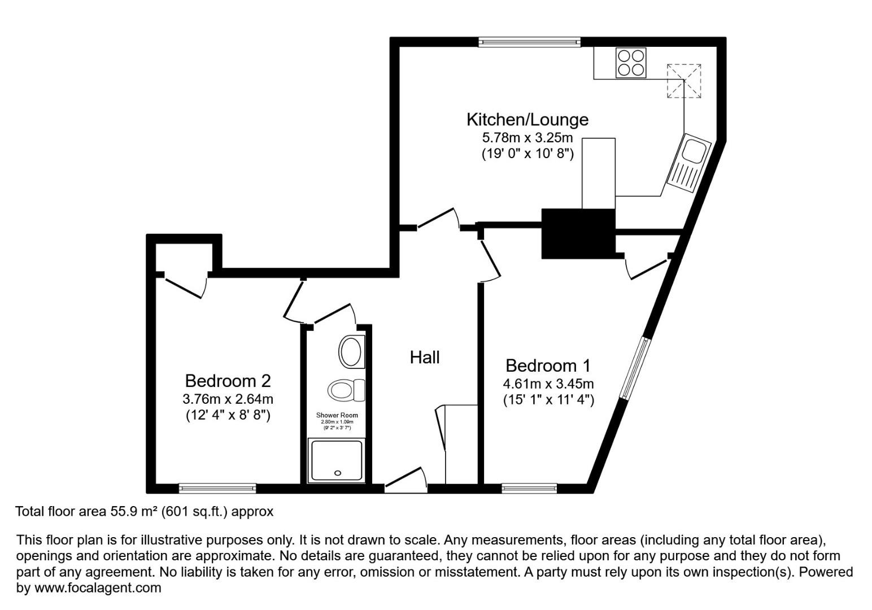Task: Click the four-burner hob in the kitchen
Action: [x=630, y=63]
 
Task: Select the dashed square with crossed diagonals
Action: [x=684, y=81]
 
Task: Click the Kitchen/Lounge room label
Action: [x=527, y=120]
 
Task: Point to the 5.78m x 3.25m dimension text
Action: [x=527, y=137]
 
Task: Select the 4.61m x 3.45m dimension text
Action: [x=548, y=384]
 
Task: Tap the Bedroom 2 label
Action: [x=228, y=380]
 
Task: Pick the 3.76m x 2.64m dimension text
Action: [x=228, y=399]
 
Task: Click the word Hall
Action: [x=424, y=357]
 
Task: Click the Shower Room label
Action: [x=337, y=415]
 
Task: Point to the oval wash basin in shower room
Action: [x=351, y=352]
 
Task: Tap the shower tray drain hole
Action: [x=338, y=473]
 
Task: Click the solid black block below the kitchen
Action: [x=578, y=233]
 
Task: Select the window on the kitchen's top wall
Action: [x=529, y=41]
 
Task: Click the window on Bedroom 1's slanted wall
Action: [x=635, y=368]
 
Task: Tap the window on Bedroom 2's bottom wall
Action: [x=217, y=488]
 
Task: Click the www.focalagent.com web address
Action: [x=98, y=588]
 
